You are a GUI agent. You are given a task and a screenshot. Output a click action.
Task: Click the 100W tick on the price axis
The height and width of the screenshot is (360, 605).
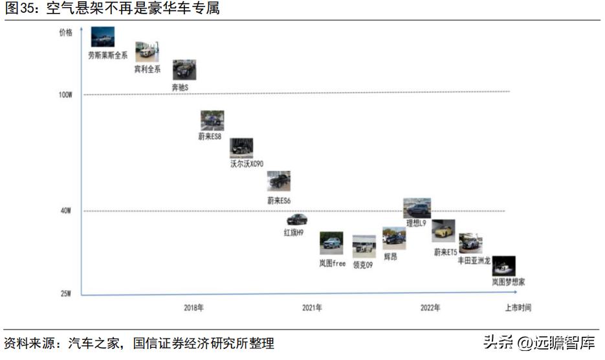[x=65, y=95]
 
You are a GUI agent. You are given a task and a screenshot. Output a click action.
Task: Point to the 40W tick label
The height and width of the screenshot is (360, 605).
[x=65, y=211]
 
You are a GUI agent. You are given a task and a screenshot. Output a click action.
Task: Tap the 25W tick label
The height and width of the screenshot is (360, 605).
[x=65, y=293]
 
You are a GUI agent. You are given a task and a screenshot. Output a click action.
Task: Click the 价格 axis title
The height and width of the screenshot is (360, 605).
[x=65, y=32]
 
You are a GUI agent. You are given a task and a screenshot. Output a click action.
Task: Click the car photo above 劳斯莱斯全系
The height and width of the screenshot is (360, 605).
[x=103, y=37]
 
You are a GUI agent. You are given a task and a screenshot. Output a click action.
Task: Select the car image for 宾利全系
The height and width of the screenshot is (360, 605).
[x=147, y=52]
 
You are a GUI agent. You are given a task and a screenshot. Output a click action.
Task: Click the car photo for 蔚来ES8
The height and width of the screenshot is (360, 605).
[x=212, y=120]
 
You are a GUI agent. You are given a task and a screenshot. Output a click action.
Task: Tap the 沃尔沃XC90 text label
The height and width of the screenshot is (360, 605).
[x=247, y=164]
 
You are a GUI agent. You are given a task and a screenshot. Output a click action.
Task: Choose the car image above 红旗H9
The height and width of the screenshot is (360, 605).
[x=297, y=219]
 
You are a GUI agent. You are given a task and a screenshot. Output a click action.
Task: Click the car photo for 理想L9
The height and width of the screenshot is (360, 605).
[x=417, y=208]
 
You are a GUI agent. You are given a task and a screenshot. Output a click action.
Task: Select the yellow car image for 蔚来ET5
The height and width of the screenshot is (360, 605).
[x=443, y=231]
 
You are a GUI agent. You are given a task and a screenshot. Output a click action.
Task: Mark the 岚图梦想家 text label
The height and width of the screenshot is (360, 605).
[x=508, y=282]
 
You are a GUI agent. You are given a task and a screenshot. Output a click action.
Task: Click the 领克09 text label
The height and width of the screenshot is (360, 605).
[x=363, y=265]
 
